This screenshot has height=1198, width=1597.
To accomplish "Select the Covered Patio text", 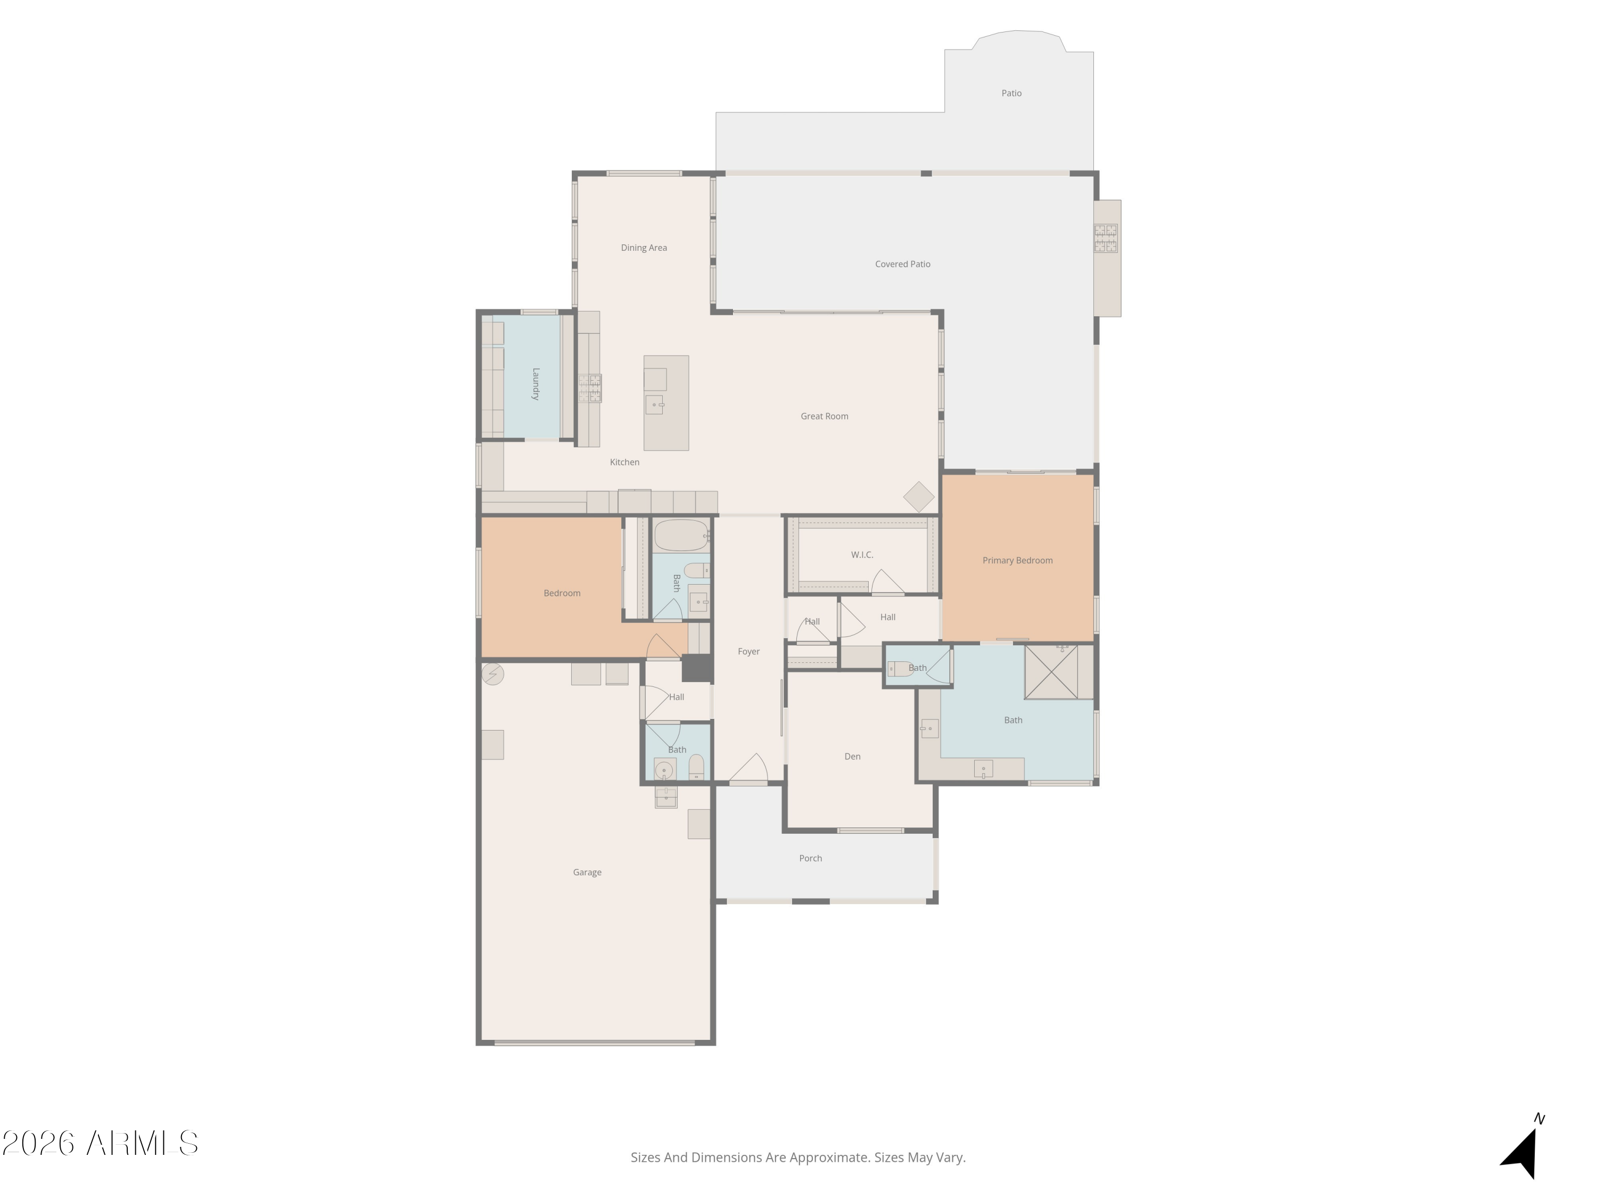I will point(902,264).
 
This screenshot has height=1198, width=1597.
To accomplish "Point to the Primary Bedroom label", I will point(1017,560).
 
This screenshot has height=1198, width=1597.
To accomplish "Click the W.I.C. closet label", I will point(861,555).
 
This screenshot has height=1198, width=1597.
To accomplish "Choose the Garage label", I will point(587,872).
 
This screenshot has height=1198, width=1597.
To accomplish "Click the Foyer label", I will point(748,651).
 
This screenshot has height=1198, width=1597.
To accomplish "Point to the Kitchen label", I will point(624,462).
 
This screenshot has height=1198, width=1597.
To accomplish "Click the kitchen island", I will point(665,403).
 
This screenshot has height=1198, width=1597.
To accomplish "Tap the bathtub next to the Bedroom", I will point(680,535).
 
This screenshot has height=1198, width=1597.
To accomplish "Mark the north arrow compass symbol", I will point(1522,1151).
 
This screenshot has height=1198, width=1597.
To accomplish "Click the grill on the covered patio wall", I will point(1105,239).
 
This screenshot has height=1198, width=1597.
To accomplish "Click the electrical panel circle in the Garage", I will point(492,674).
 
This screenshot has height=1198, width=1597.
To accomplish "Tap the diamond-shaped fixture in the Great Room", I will point(918,497).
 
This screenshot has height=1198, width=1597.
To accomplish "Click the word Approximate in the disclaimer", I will point(829,1158).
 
